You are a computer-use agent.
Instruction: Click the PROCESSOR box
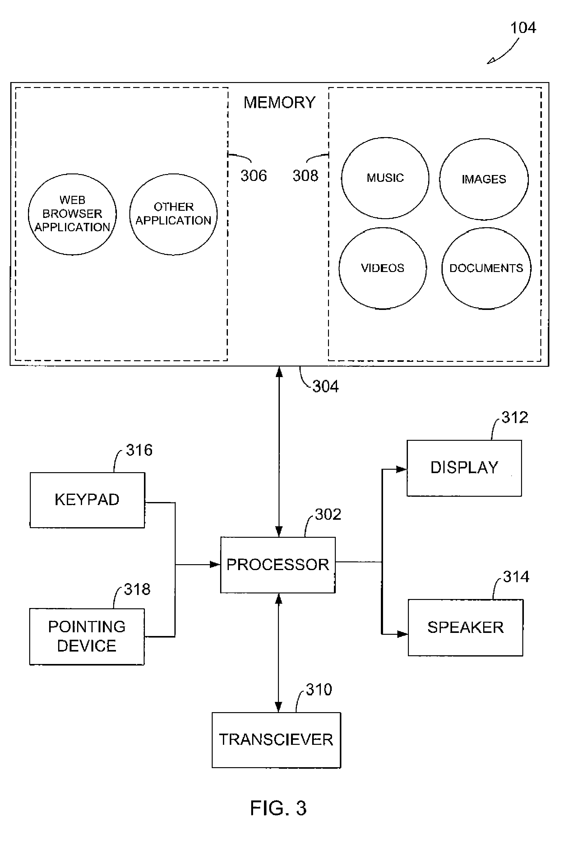pyautogui.click(x=277, y=565)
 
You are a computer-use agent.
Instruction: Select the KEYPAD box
pyautogui.click(x=87, y=500)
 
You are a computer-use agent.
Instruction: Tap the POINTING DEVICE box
pyautogui.click(x=87, y=636)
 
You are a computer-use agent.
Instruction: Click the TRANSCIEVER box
pyautogui.click(x=276, y=740)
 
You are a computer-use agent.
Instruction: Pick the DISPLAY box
pyautogui.click(x=464, y=468)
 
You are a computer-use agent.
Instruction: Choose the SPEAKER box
pyautogui.click(x=465, y=627)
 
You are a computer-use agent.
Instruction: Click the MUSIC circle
pyautogui.click(x=385, y=178)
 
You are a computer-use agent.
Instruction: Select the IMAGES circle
pyautogui.click(x=483, y=179)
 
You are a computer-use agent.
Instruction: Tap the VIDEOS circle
pyautogui.click(x=382, y=268)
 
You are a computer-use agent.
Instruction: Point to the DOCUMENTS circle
pyautogui.click(x=486, y=268)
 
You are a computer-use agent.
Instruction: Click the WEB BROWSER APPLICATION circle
pyautogui.click(x=72, y=214)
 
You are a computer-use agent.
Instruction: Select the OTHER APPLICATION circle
pyautogui.click(x=173, y=214)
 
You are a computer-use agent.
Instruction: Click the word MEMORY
pyautogui.click(x=279, y=103)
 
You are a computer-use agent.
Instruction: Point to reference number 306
pyautogui.click(x=253, y=176)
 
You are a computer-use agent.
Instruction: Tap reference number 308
pyautogui.click(x=306, y=176)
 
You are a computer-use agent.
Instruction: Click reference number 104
pyautogui.click(x=523, y=28)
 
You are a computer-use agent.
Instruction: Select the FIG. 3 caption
pyautogui.click(x=278, y=808)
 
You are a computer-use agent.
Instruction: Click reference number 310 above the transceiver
pyautogui.click(x=319, y=690)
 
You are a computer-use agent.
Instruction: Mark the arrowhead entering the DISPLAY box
pyautogui.click(x=402, y=469)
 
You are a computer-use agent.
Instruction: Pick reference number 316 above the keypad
pyautogui.click(x=139, y=450)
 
